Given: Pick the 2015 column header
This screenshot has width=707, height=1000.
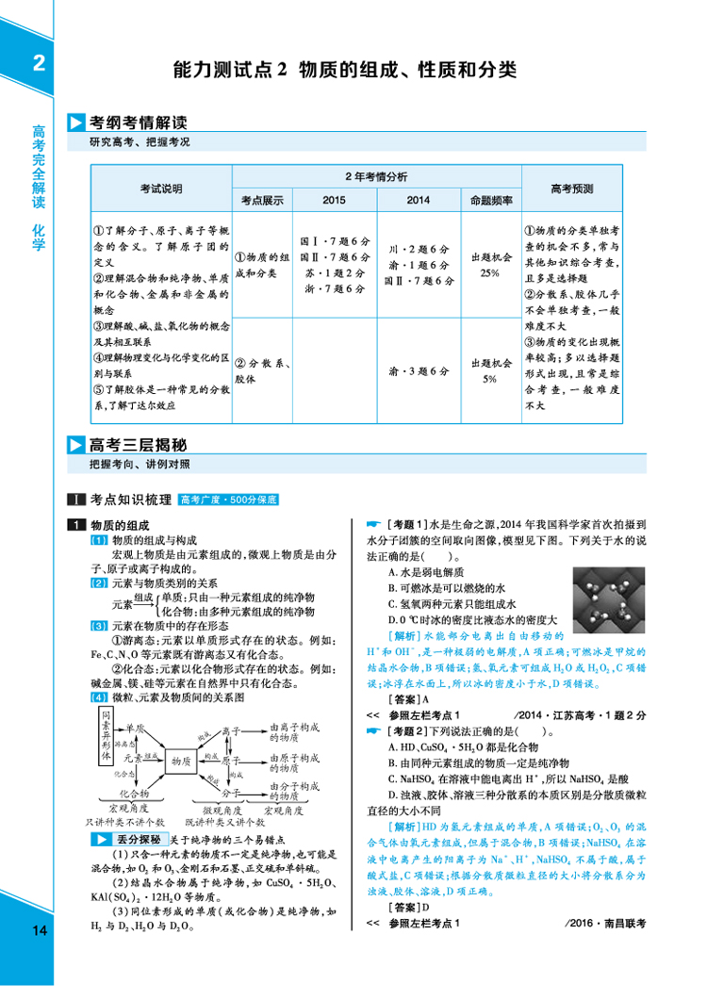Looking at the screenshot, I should point(334,201).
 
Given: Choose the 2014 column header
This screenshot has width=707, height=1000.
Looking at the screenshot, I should point(419,201).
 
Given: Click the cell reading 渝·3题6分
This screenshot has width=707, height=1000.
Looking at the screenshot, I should point(419,371).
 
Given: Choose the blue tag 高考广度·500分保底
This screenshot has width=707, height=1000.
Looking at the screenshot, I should point(230,500).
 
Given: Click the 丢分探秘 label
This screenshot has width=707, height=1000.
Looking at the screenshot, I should point(140,839).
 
